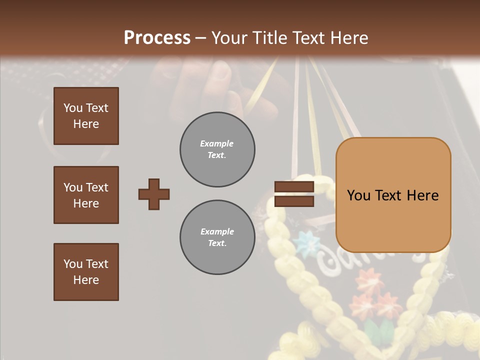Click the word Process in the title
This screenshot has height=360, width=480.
click(x=157, y=38)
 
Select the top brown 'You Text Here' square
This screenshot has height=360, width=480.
click(x=86, y=116)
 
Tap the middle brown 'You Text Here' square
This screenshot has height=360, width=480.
click(x=86, y=195)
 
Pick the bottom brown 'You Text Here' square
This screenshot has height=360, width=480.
click(x=86, y=271)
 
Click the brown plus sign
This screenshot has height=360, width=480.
click(x=154, y=194)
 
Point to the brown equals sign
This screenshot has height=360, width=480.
click(x=294, y=194)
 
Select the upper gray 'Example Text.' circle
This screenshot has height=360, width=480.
click(x=217, y=149)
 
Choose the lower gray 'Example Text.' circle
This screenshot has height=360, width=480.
click(x=217, y=237)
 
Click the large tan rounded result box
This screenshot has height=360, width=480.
click(x=393, y=195)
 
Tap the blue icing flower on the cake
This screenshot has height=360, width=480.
click(x=305, y=242)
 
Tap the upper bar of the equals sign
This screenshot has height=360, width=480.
click(x=294, y=186)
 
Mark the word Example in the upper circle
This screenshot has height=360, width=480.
click(x=216, y=144)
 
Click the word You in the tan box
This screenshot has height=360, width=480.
click(x=359, y=195)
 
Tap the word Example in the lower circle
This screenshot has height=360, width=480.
click(x=217, y=232)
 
